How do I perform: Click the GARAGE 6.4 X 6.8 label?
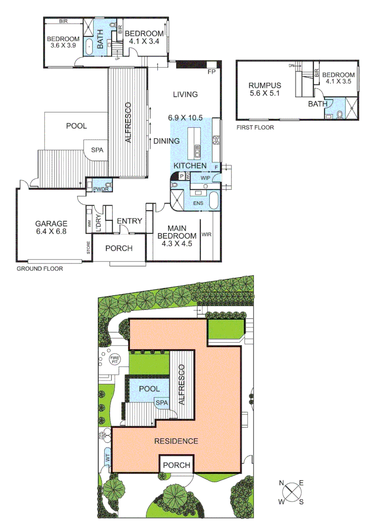[x=51, y=227]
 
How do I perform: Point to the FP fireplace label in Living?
[x=212, y=72]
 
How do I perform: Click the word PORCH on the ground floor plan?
[x=119, y=248]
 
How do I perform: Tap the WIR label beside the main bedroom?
[x=207, y=235]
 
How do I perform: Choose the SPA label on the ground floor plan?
[x=97, y=150]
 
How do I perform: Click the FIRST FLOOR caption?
[x=255, y=127]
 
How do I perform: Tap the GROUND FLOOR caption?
[x=40, y=269]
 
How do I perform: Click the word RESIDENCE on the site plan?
[x=176, y=441]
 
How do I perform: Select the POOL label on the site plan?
[x=149, y=389]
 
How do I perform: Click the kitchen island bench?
[x=197, y=141]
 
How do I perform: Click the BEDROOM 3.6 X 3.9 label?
[x=63, y=42]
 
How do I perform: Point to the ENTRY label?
[x=129, y=221]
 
